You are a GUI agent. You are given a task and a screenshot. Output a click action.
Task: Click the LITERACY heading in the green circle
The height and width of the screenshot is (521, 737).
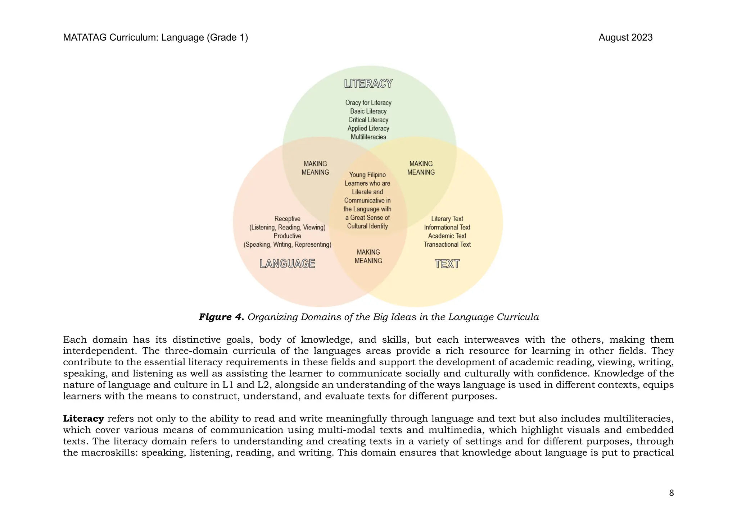368,84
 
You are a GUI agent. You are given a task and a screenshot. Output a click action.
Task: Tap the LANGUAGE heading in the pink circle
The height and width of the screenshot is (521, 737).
287,264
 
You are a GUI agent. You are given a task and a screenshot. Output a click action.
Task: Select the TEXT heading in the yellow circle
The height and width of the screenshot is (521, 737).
447,264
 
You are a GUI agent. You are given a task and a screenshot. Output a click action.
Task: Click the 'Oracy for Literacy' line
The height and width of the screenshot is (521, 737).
368,103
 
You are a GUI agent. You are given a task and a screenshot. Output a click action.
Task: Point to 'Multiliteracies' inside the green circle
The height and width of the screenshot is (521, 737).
368,137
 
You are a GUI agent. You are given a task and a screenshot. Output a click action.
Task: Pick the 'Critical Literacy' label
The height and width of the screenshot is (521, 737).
368,120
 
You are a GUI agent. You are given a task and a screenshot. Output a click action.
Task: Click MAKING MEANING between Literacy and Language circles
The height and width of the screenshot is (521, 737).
315,168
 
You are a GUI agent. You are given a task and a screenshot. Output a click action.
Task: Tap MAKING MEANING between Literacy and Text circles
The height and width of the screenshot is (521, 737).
421,168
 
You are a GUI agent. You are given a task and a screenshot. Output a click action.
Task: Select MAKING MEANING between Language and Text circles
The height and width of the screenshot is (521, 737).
368,256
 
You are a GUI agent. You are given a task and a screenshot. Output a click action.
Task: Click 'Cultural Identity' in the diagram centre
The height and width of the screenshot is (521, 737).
367,226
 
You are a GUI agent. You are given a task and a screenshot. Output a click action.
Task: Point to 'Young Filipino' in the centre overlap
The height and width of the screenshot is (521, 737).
367,175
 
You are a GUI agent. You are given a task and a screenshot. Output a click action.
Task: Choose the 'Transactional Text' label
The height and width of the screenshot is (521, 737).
447,244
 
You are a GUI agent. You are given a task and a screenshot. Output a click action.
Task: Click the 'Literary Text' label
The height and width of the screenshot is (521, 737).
447,219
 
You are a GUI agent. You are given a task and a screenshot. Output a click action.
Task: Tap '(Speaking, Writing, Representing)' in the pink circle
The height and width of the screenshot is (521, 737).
287,244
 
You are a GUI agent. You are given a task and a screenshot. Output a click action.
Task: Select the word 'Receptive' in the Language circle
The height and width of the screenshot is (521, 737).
287,219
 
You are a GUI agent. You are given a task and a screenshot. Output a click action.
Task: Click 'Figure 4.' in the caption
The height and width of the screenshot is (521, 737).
221,317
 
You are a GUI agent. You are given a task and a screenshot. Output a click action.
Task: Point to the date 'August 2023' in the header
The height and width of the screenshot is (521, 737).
625,37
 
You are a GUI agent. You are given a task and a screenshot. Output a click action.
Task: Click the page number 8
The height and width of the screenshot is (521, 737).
671,493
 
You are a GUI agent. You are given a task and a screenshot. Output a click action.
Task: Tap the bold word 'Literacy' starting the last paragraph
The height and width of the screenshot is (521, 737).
83,419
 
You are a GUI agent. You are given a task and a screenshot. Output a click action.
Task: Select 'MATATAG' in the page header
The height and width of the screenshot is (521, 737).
85,37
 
